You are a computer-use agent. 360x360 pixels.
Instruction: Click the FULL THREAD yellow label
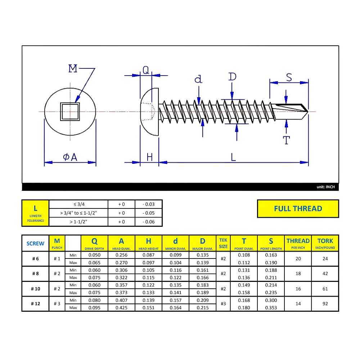(298, 209)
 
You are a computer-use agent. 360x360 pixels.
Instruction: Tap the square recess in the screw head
(70, 111)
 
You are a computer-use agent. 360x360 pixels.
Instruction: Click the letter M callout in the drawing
(73, 68)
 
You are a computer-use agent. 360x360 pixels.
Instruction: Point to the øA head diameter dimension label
(70, 157)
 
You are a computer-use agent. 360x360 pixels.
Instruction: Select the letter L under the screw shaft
(233, 157)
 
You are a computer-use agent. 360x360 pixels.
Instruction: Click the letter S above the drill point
(289, 77)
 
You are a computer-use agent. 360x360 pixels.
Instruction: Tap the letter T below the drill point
(287, 140)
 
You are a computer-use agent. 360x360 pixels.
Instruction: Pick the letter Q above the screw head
(145, 70)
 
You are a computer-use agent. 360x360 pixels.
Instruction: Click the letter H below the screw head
(149, 157)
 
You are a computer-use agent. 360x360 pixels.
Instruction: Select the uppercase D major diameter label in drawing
(233, 77)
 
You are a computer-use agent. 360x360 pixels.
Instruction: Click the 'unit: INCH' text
(325, 187)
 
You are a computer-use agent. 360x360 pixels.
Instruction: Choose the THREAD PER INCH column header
(298, 243)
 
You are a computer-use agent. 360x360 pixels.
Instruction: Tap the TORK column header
(325, 243)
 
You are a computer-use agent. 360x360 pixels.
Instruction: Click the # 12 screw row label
(35, 303)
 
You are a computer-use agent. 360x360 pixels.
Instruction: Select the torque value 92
(325, 303)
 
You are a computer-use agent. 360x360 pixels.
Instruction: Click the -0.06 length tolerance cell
(148, 222)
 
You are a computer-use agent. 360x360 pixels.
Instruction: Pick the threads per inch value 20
(298, 258)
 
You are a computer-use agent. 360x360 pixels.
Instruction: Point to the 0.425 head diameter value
(121, 307)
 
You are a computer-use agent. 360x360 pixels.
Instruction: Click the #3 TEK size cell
(223, 303)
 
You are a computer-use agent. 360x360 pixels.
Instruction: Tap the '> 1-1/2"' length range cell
(78, 222)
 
